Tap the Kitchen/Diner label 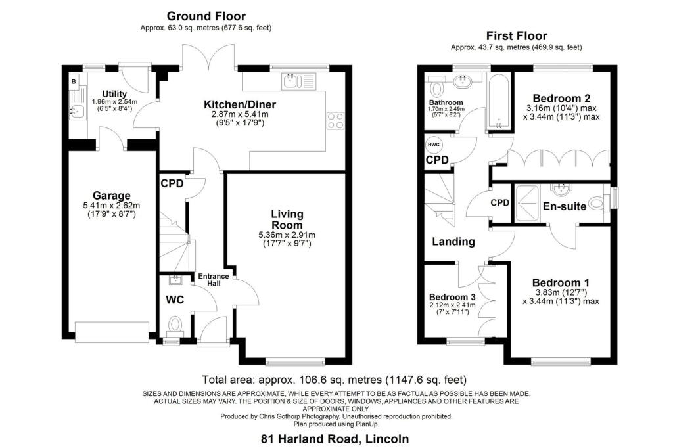pos(239,104)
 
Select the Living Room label pos(287,219)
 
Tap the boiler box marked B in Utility pos(73,82)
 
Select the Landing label pos(453,242)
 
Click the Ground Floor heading pos(206,16)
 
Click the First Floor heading pos(516,35)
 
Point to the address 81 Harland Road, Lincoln pos(336,438)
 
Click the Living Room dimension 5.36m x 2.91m pos(287,235)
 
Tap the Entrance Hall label pos(214,280)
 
